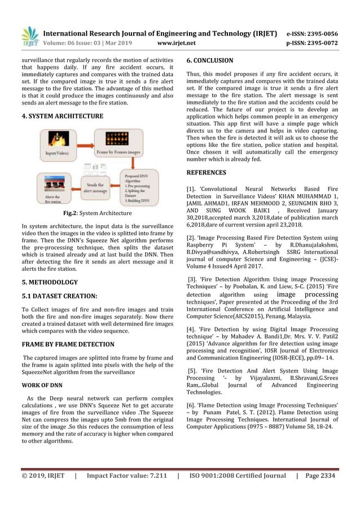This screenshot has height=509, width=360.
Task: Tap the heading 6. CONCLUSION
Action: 209,60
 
